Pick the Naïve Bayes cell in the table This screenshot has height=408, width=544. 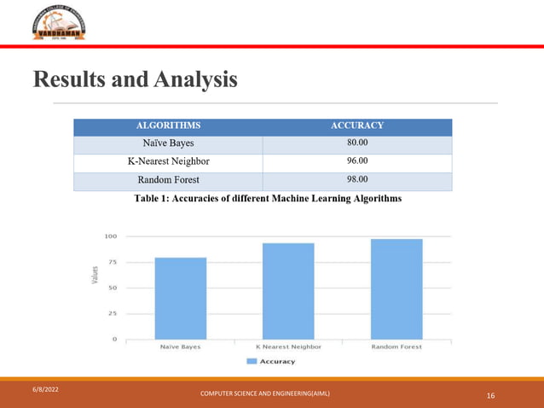click(x=168, y=143)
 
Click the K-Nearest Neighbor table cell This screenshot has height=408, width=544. click(x=168, y=161)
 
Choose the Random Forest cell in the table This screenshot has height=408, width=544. click(x=168, y=180)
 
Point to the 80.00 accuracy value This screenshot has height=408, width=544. click(x=356, y=143)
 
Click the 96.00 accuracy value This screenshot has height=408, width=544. click(x=356, y=161)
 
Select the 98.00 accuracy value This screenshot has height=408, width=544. click(x=356, y=180)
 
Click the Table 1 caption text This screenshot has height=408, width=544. click(x=266, y=199)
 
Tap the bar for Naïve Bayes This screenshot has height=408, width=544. click(x=181, y=298)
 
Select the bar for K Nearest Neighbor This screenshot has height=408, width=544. click(x=288, y=291)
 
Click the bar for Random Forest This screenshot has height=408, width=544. click(x=396, y=289)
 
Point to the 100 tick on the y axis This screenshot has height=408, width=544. click(x=111, y=236)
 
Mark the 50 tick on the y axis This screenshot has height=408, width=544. click(x=113, y=288)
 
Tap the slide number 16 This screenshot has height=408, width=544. click(x=491, y=396)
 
